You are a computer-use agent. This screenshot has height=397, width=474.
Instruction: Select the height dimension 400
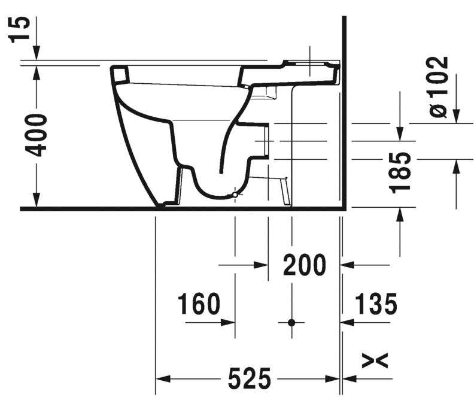pos(37,134)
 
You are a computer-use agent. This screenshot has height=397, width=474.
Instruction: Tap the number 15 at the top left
pos(19,30)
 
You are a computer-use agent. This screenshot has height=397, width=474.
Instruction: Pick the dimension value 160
pos(199,304)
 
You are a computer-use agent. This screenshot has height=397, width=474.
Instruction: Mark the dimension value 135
pos(375,304)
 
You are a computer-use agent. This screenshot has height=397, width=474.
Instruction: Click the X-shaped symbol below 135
pos(375,360)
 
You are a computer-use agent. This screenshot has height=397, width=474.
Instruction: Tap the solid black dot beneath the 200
pos(291,322)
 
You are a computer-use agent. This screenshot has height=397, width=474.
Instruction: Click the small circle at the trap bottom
pos(235,195)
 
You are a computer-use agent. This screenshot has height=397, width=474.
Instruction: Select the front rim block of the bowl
pos(120,74)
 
